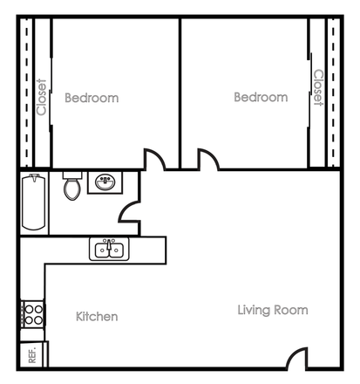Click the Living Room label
click(273, 310)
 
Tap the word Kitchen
click(97, 316)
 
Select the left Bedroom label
click(92, 98)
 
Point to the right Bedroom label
click(261, 97)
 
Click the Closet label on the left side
click(41, 97)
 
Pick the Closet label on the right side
click(318, 87)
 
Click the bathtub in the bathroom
click(34, 202)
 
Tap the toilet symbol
click(72, 188)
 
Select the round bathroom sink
click(105, 182)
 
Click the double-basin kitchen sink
click(109, 250)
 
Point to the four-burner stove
click(32, 313)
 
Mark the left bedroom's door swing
click(154, 161)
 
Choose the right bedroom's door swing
click(208, 161)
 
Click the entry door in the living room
click(297, 358)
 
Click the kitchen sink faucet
click(109, 242)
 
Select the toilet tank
click(72, 175)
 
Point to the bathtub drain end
click(34, 181)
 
